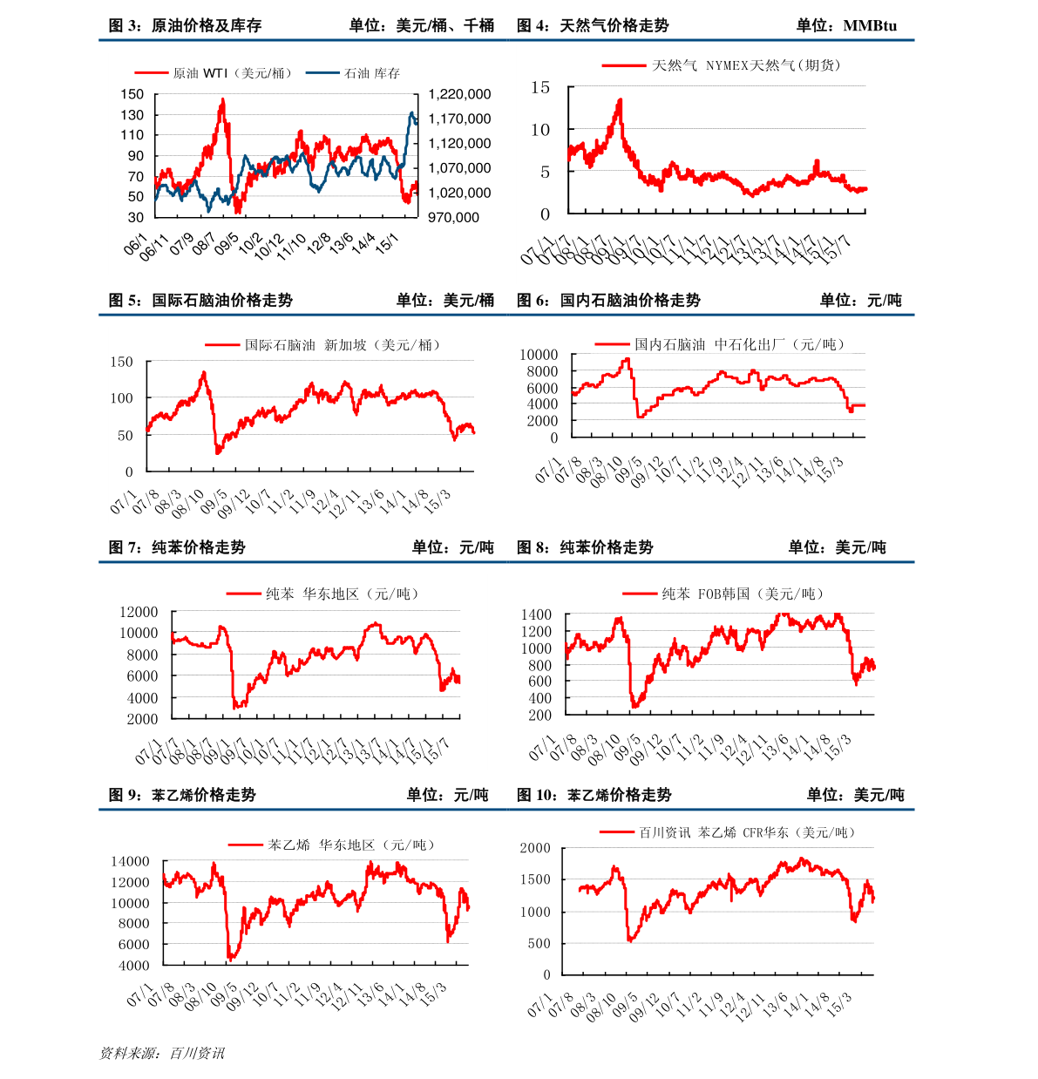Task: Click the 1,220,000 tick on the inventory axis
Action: [x=459, y=94]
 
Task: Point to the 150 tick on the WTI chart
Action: [x=132, y=94]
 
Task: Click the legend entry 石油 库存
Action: [x=372, y=73]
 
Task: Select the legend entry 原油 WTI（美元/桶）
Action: [x=233, y=73]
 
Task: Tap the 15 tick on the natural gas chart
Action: [x=540, y=87]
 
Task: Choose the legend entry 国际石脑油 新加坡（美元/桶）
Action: [x=343, y=345]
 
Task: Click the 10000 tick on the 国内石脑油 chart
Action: [x=539, y=355]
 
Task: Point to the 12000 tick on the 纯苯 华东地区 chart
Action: [x=139, y=613]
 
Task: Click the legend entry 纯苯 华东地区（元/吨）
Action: [x=343, y=594]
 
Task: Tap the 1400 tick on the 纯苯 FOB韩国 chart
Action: [x=536, y=615]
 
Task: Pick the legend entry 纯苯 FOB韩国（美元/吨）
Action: [x=742, y=594]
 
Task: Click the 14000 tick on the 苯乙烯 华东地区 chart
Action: [x=130, y=861]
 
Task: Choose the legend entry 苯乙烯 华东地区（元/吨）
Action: [x=351, y=845]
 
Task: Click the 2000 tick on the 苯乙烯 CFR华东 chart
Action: [x=535, y=848]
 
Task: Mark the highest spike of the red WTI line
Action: [x=222, y=99]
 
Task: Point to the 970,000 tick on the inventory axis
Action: [x=453, y=218]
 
